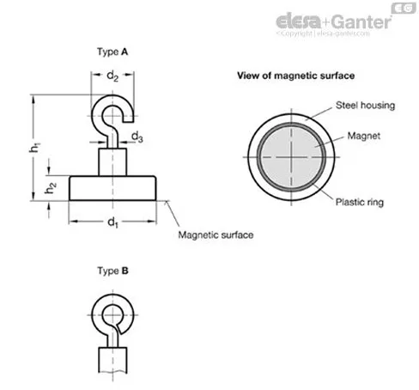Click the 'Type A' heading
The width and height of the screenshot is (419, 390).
(112, 52)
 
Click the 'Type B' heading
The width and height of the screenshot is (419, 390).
(112, 271)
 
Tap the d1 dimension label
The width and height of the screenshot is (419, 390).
(112, 222)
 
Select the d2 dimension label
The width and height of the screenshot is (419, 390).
(112, 76)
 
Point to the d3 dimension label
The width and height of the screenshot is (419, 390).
(137, 137)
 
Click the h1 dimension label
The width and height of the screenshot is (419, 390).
(34, 147)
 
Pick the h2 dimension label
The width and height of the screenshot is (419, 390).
(51, 187)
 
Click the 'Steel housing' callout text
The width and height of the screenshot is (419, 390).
(365, 106)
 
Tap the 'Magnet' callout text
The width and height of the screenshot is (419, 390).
(363, 136)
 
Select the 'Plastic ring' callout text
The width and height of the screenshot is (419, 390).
(360, 202)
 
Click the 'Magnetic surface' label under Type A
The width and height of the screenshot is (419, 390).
(216, 235)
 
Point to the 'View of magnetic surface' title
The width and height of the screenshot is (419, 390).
(295, 76)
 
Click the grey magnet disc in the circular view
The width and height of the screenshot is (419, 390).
(291, 157)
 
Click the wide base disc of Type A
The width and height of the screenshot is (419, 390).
(112, 188)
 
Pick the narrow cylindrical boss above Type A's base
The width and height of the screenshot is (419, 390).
(112, 161)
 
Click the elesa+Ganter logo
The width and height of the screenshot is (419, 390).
(333, 21)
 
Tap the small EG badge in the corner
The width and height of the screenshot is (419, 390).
(404, 8)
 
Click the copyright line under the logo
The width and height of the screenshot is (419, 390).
(323, 34)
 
